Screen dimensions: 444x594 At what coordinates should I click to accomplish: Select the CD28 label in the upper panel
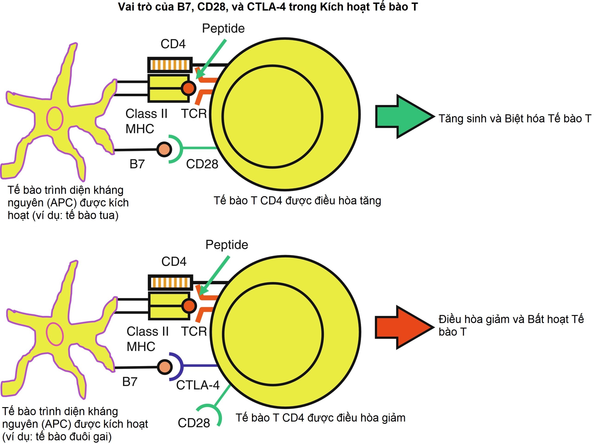point(202,164)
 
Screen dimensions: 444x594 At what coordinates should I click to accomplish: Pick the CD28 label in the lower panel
point(194,423)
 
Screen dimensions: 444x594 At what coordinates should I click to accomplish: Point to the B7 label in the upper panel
point(137,164)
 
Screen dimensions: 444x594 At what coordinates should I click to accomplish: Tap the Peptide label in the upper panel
point(223,29)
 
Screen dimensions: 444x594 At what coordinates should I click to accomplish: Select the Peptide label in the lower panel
point(227,245)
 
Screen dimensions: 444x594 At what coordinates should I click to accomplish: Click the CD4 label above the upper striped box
point(173,44)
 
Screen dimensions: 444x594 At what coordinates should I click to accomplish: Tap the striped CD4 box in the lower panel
point(171,282)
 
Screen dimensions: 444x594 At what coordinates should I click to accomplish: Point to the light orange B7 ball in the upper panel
point(164,149)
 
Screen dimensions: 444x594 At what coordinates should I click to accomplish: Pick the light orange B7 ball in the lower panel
point(164,367)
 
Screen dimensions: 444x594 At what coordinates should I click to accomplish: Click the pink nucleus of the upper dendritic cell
point(55,118)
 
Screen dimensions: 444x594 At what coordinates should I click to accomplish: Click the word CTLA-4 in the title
point(266,7)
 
